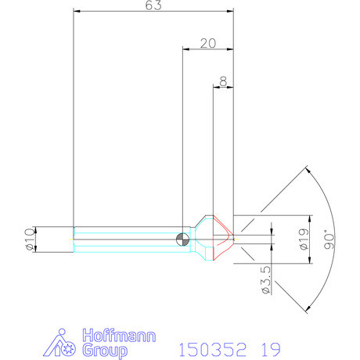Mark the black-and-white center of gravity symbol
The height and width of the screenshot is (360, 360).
182,239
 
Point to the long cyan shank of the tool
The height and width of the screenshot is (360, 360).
125,239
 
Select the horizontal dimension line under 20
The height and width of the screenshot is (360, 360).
207,50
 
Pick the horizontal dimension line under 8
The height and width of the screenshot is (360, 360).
225,87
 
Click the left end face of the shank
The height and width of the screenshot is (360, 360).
74,239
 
